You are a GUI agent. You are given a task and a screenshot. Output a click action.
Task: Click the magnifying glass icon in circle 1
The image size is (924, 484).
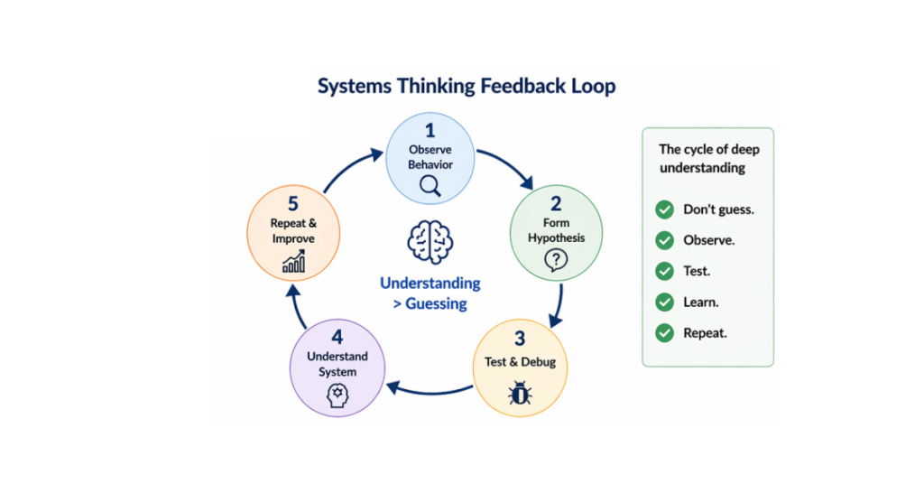pyautogui.click(x=430, y=185)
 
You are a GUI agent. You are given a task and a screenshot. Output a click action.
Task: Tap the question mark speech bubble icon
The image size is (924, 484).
pyautogui.click(x=556, y=261)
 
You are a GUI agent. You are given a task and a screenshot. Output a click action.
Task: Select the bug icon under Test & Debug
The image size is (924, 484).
pyautogui.click(x=520, y=393)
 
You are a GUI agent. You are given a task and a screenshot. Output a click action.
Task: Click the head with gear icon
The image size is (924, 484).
pyautogui.click(x=337, y=396)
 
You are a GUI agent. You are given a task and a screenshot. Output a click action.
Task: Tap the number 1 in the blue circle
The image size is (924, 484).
pyautogui.click(x=430, y=131)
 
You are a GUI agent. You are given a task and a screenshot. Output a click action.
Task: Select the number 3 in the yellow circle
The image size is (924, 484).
pyautogui.click(x=520, y=340)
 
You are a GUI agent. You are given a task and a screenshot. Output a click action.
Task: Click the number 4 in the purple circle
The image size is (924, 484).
pyautogui.click(x=337, y=337)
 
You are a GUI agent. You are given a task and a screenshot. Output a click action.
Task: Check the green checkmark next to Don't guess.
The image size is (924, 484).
pyautogui.click(x=664, y=209)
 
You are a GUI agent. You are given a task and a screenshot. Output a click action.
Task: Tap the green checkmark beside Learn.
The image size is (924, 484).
pyautogui.click(x=664, y=302)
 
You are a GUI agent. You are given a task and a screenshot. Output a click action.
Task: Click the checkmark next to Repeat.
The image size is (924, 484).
pyautogui.click(x=664, y=332)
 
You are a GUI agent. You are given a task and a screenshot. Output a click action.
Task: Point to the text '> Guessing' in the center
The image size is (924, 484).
pyautogui.click(x=430, y=304)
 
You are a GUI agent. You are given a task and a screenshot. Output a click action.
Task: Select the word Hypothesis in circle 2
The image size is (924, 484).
pyautogui.click(x=557, y=238)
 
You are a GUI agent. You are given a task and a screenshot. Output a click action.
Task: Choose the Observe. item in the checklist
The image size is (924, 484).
pyautogui.click(x=708, y=241)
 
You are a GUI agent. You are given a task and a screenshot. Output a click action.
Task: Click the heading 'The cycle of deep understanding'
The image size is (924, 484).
pyautogui.click(x=707, y=158)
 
